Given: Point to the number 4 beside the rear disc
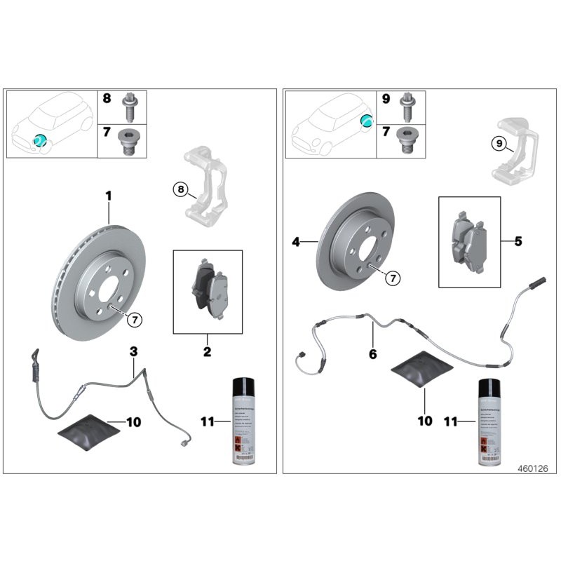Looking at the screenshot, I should click(x=296, y=242).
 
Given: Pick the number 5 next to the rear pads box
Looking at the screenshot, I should click(x=518, y=242).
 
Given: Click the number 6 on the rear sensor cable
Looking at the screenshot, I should click(x=372, y=354).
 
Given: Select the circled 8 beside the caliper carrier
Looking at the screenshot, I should click(x=180, y=188).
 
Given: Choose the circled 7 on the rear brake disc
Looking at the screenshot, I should click(x=392, y=278).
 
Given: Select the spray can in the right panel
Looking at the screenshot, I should click(x=492, y=421).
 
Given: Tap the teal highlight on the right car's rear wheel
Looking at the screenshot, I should click(x=365, y=121).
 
